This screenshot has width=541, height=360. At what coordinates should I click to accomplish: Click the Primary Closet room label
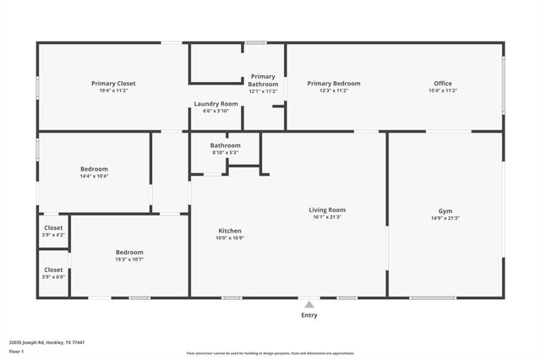[113, 84]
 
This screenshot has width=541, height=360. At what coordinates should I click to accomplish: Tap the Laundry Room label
[216, 104]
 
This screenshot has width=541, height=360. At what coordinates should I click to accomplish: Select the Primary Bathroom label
[263, 80]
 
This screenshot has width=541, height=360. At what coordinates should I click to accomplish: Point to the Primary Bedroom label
[333, 84]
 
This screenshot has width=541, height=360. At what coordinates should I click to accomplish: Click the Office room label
[443, 84]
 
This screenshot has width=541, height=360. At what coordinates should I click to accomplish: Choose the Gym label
[445, 210]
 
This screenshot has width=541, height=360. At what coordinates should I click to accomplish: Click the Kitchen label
[230, 231]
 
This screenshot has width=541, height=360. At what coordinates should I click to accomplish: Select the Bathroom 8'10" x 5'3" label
[225, 145]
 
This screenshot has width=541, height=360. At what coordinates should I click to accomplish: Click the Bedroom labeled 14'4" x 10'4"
[94, 169]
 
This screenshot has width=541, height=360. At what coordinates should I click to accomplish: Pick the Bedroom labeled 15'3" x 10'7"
[129, 252]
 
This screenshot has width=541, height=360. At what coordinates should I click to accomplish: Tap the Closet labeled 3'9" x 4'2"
[53, 227]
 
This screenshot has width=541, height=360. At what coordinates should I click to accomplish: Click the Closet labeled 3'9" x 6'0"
[53, 270]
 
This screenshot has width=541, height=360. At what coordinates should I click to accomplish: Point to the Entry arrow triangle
[309, 304]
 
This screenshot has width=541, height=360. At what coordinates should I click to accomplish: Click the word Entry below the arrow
[309, 315]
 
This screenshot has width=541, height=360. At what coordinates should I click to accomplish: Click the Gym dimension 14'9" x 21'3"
[445, 218]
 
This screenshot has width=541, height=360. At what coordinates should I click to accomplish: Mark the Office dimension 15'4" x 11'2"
[443, 90]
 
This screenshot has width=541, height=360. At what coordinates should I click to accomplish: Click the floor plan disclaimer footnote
[270, 352]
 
